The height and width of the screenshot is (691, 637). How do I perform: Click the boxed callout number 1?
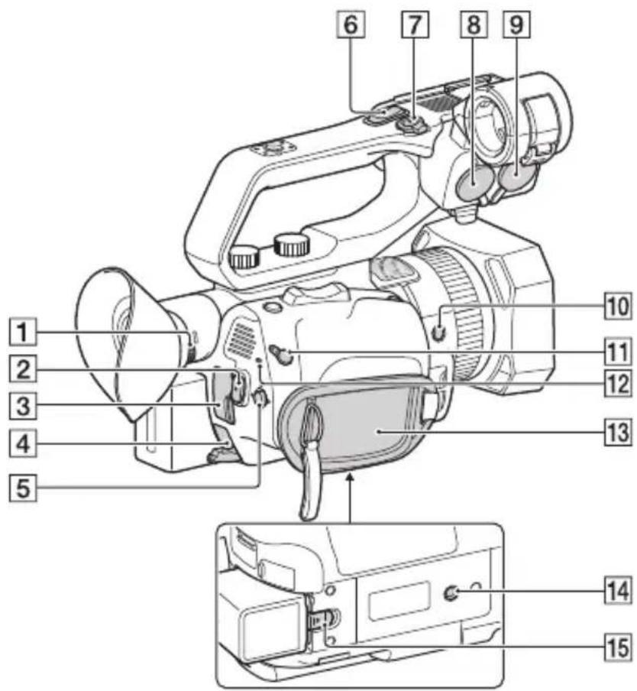[x=23, y=332]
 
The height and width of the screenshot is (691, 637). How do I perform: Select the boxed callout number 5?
[x=23, y=488]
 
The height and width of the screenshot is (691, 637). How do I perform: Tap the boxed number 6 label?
[x=351, y=24]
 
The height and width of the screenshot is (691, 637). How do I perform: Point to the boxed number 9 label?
[x=517, y=24]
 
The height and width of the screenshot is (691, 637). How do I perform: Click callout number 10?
[x=618, y=306]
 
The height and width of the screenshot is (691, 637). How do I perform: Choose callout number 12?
[x=618, y=383]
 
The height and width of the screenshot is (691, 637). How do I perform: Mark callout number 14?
[x=618, y=591]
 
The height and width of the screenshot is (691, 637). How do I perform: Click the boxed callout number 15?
[x=618, y=647]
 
